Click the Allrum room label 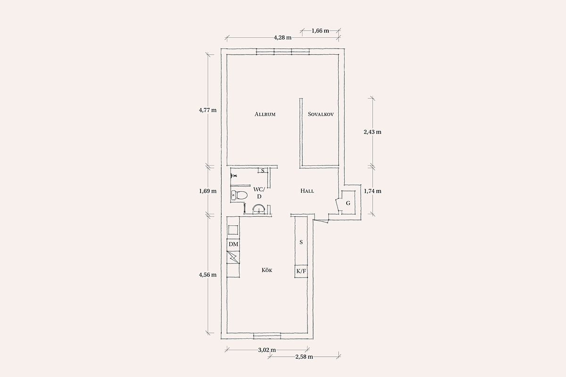click(265, 114)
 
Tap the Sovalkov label click(321, 114)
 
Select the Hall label click(307, 191)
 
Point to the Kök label click(267, 270)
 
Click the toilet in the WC click(239, 195)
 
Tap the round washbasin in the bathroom click(259, 209)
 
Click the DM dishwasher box click(233, 245)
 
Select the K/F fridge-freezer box click(301, 271)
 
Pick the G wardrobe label click(348, 203)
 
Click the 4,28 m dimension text click(283, 38)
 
